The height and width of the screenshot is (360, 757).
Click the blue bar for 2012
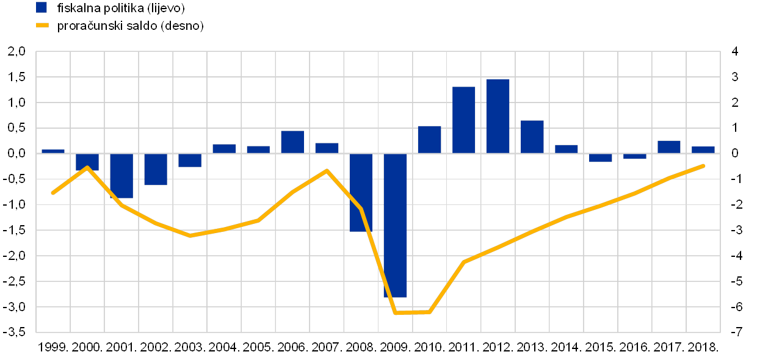click(498, 116)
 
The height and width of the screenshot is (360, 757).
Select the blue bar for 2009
click(395, 225)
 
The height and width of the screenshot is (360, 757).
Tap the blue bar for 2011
click(463, 120)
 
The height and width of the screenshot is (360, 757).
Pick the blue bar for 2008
click(361, 192)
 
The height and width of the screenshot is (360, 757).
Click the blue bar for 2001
click(121, 176)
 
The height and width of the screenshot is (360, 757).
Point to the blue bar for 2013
click(532, 137)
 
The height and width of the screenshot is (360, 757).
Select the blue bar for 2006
click(292, 142)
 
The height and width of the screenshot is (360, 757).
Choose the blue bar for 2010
click(429, 139)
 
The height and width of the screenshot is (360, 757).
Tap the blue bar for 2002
click(156, 169)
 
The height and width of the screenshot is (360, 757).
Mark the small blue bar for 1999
click(53, 151)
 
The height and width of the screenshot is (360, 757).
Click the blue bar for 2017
click(669, 146)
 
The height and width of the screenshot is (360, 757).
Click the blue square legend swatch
click(42, 8)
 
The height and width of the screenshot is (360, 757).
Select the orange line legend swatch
click(42, 26)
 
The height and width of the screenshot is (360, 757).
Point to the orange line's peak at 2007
click(327, 170)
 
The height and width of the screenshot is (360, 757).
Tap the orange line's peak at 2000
click(87, 167)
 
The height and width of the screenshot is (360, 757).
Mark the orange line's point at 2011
click(464, 262)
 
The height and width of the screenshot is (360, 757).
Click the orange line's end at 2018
click(703, 165)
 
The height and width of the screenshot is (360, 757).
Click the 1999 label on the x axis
click(53, 347)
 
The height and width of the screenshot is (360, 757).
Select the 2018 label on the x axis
click(703, 347)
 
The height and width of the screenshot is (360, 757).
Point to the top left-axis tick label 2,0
click(17, 52)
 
